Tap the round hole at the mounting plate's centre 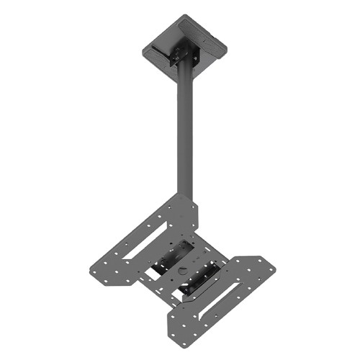point(181,271)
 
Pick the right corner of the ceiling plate point(227,44)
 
